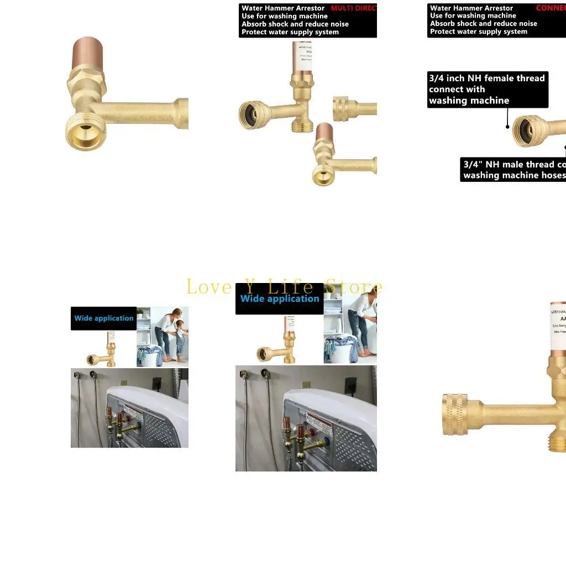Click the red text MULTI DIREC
coord(353,8)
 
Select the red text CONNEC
coord(551,8)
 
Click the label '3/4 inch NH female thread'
coord(486,78)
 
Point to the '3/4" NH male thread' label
coord(509,165)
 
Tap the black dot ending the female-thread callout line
coord(508,127)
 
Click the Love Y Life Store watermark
coord(284,287)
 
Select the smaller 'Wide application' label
coord(104,318)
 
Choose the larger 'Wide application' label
coord(280,299)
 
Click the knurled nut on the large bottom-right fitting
coord(457,415)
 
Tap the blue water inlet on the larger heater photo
coord(327,442)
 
